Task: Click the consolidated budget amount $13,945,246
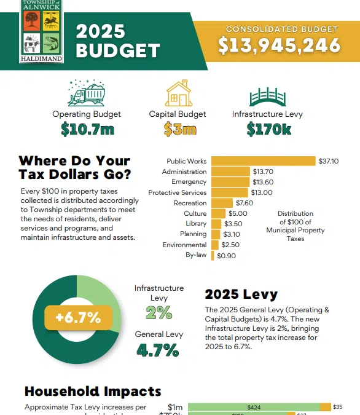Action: (280, 45)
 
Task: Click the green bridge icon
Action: (267, 95)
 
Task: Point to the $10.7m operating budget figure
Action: (86, 129)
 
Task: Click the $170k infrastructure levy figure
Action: (267, 129)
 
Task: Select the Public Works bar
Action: (263, 161)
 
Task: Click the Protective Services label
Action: (177, 192)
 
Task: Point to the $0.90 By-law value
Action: (227, 255)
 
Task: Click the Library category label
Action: (196, 224)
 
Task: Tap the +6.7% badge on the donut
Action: (77, 317)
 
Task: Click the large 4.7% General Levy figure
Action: (158, 350)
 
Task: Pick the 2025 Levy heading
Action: (241, 294)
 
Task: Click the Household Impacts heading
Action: (93, 391)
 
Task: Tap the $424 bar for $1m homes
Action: (253, 407)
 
